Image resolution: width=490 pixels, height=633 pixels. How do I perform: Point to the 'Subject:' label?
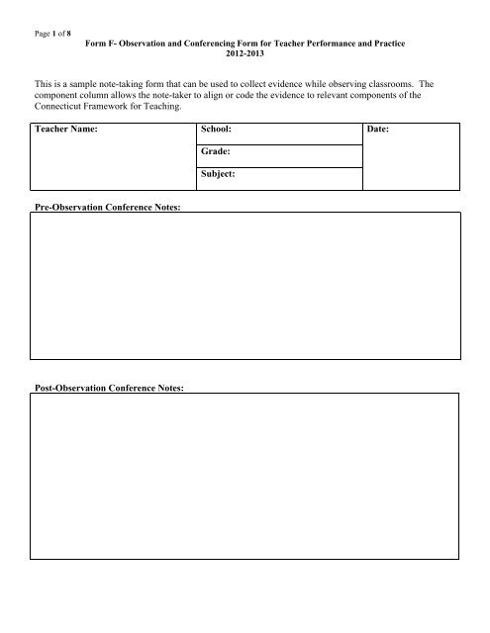(x=219, y=177)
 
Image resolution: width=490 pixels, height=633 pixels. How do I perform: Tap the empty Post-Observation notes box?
(x=245, y=475)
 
